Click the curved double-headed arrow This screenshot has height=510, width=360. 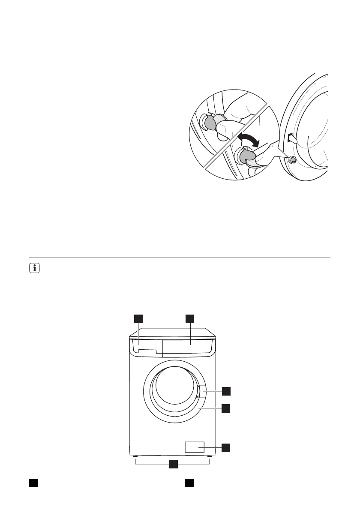pos(248,141)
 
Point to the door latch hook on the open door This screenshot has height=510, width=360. pos(291,138)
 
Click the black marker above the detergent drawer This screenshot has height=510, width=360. pos(138,318)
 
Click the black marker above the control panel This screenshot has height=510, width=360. pos(190,318)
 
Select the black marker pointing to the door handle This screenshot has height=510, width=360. pos(226,390)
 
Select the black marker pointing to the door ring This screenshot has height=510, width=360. pos(226,408)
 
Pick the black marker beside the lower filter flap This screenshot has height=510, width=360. pos(226,447)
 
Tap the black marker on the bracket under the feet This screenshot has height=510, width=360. pos(173,464)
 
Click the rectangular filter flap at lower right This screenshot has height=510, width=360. pos(194,447)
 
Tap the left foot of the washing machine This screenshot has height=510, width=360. pos(135,456)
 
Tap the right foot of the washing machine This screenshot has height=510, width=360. pos(209,456)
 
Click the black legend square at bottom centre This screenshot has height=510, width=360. pos(189,483)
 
